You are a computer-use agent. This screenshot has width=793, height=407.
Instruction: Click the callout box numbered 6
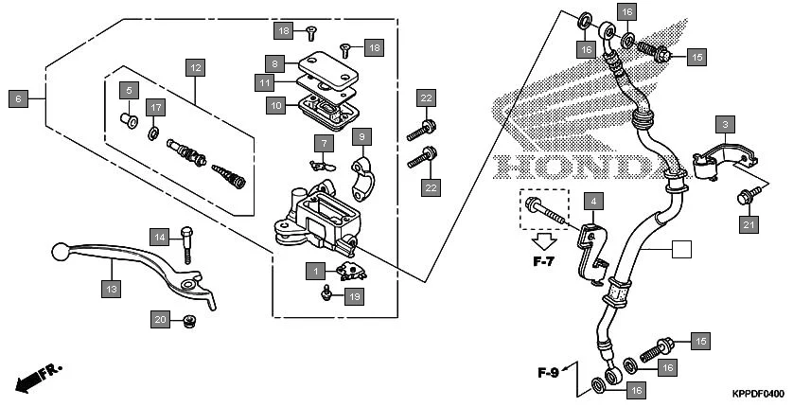click(17, 97)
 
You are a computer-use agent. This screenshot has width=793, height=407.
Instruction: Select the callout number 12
click(194, 68)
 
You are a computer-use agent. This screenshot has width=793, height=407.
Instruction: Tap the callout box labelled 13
click(112, 289)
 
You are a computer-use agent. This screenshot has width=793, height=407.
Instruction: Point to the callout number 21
click(749, 223)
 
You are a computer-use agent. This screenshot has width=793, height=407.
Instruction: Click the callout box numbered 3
click(725, 125)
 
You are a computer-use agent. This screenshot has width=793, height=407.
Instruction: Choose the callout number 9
click(361, 137)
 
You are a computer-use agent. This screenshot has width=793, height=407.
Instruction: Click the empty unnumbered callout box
click(680, 250)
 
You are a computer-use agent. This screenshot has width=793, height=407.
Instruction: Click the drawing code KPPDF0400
click(757, 393)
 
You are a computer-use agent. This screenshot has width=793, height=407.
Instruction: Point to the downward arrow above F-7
click(542, 240)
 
